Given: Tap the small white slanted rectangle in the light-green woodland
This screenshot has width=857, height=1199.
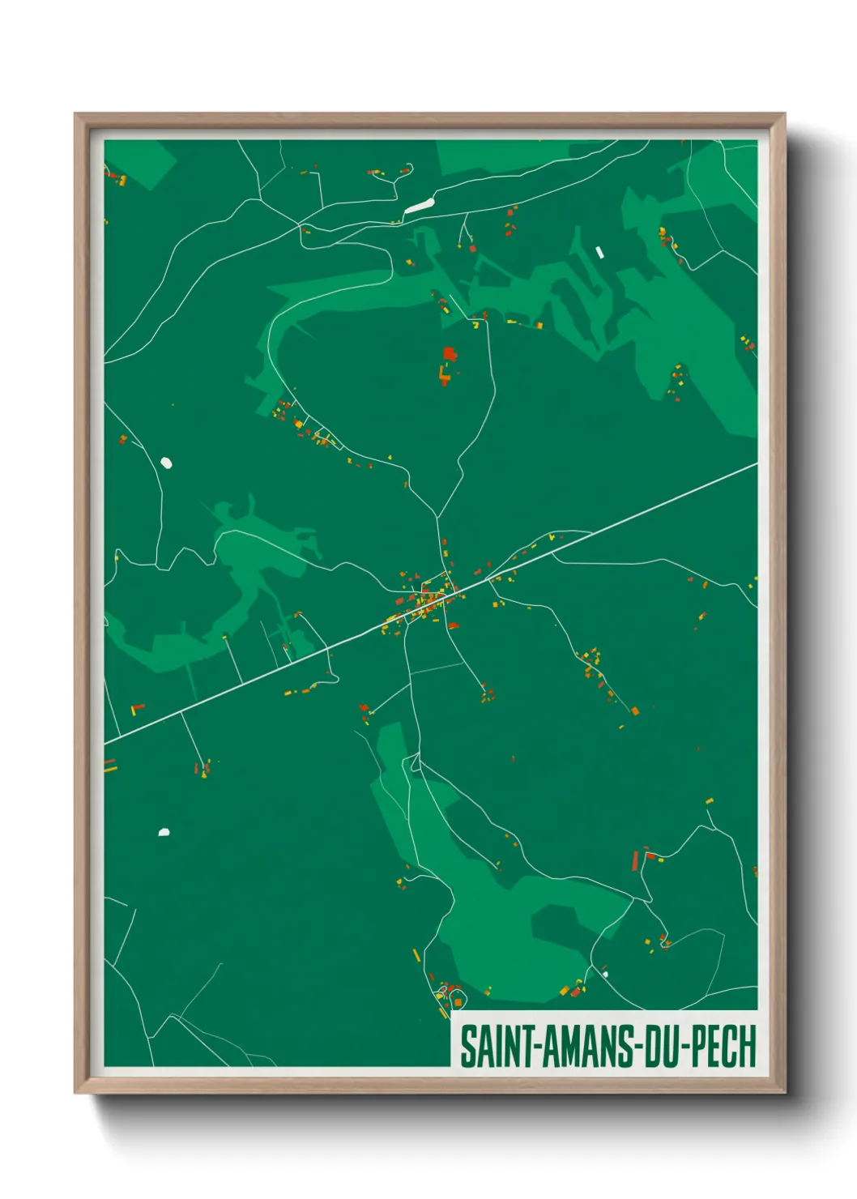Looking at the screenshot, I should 599,252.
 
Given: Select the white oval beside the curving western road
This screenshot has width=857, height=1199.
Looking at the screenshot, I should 166,463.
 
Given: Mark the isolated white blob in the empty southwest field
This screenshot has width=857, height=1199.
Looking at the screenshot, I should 164,832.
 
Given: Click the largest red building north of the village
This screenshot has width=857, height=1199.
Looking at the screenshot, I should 449,354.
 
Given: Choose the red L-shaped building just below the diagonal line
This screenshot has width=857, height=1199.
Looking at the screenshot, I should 137,709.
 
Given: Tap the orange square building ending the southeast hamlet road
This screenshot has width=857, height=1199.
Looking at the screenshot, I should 634,710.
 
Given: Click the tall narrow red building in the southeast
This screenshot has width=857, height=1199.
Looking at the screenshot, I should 635,860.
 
